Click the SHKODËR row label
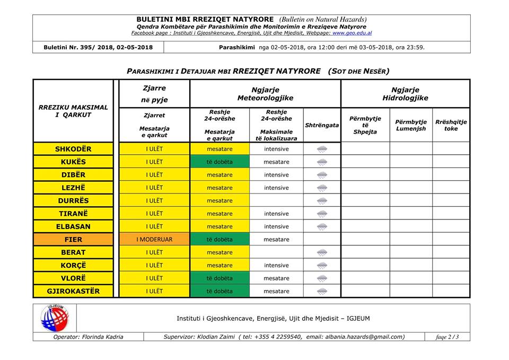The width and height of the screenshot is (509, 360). (x=73, y=149)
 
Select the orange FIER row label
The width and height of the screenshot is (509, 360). (x=73, y=240)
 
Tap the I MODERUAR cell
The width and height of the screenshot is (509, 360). (x=154, y=240)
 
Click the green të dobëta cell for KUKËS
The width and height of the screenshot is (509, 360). (x=220, y=162)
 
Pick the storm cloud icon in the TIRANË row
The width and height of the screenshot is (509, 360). (x=322, y=214)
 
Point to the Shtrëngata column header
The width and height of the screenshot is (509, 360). (x=322, y=125)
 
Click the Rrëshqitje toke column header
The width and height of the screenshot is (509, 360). (x=451, y=125)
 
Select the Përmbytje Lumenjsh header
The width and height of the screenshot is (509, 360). (x=410, y=125)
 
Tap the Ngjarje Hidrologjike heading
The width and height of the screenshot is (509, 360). (x=405, y=94)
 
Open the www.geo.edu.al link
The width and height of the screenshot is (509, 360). (x=352, y=33)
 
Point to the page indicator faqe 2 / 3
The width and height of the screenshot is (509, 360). (x=447, y=337)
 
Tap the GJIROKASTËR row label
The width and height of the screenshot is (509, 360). (x=73, y=291)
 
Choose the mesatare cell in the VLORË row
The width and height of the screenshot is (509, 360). (x=276, y=278)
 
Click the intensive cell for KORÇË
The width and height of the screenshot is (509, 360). (x=276, y=265)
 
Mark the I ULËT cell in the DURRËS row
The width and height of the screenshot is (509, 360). (x=154, y=201)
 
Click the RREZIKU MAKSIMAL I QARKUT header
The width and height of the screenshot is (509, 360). (x=73, y=111)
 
